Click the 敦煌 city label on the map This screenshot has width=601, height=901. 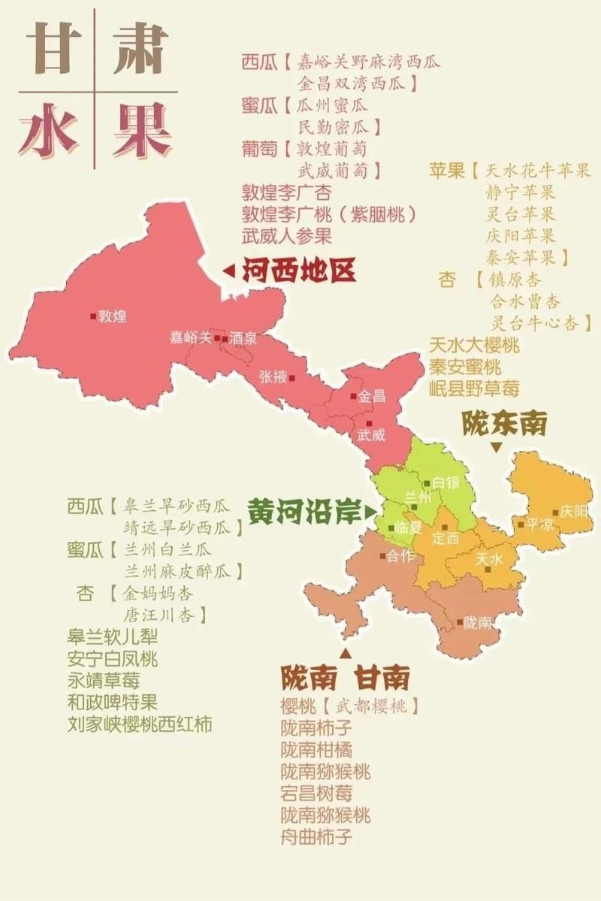(x=112, y=316)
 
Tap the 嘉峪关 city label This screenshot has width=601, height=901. (x=191, y=338)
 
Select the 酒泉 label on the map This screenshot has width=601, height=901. (x=243, y=339)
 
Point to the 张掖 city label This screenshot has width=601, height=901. (x=273, y=377)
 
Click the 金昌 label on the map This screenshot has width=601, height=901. (x=371, y=396)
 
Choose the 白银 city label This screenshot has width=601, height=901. (x=445, y=483)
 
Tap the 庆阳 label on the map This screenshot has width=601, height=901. (x=574, y=511)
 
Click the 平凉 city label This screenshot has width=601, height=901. (x=539, y=524)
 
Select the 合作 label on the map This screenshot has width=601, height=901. (x=400, y=557)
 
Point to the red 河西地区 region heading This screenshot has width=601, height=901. (x=298, y=271)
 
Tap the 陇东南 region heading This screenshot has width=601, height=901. (x=503, y=425)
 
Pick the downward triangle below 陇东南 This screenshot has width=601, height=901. (x=496, y=447)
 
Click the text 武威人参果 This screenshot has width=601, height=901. (x=286, y=236)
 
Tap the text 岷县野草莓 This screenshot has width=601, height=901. (x=474, y=388)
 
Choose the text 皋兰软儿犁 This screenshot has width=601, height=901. (x=113, y=637)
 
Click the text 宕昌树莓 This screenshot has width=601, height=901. (x=316, y=793)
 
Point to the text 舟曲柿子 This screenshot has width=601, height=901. (x=316, y=836)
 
